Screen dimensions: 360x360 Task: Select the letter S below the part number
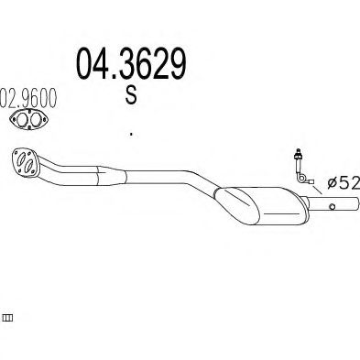click(x=130, y=96)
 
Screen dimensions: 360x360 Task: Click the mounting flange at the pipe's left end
click(x=23, y=160)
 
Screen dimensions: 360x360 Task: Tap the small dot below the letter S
click(x=131, y=134)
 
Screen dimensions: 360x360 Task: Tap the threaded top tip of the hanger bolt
click(x=297, y=148)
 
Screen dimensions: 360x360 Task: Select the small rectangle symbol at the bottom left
click(x=8, y=317)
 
